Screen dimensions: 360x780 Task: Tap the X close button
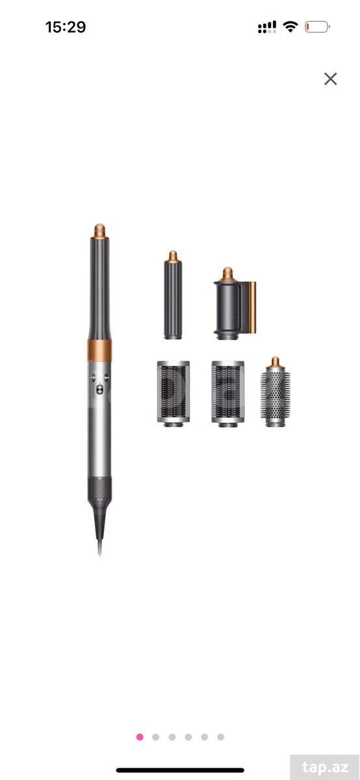click(x=330, y=79)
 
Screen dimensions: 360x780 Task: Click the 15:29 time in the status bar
click(x=66, y=27)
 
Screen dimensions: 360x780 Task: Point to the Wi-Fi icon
click(x=290, y=27)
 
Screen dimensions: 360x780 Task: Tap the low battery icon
click(x=317, y=27)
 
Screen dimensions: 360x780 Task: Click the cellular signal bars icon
click(x=267, y=27)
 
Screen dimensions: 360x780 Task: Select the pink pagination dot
click(x=140, y=737)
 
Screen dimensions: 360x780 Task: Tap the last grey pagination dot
click(x=220, y=737)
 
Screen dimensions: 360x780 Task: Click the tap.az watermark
click(x=325, y=767)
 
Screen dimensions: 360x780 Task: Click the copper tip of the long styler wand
click(x=99, y=231)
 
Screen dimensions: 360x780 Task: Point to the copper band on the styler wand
click(x=99, y=350)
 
